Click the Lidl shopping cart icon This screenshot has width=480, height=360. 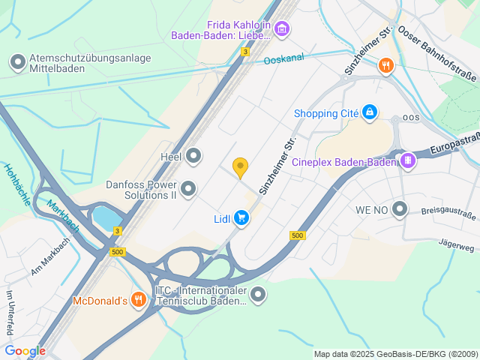point(241,218)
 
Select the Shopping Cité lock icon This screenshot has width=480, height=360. point(369,113)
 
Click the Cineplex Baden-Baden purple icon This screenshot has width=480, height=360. point(407,160)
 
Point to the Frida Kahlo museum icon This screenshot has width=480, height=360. point(281,29)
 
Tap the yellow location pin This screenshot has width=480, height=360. point(240,167)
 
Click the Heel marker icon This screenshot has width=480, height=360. point(194,156)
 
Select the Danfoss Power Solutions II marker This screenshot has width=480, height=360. point(188,187)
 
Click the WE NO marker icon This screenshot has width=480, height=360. point(400,209)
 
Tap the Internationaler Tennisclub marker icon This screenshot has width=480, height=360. point(258,295)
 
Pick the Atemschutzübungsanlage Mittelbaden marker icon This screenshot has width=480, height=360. point(17,62)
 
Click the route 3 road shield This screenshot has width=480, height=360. point(245,52)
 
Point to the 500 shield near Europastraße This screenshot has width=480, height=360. point(297,235)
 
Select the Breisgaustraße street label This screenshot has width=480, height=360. point(448,214)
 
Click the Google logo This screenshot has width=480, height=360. point(25,350)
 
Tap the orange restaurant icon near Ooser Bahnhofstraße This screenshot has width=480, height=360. point(385,65)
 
